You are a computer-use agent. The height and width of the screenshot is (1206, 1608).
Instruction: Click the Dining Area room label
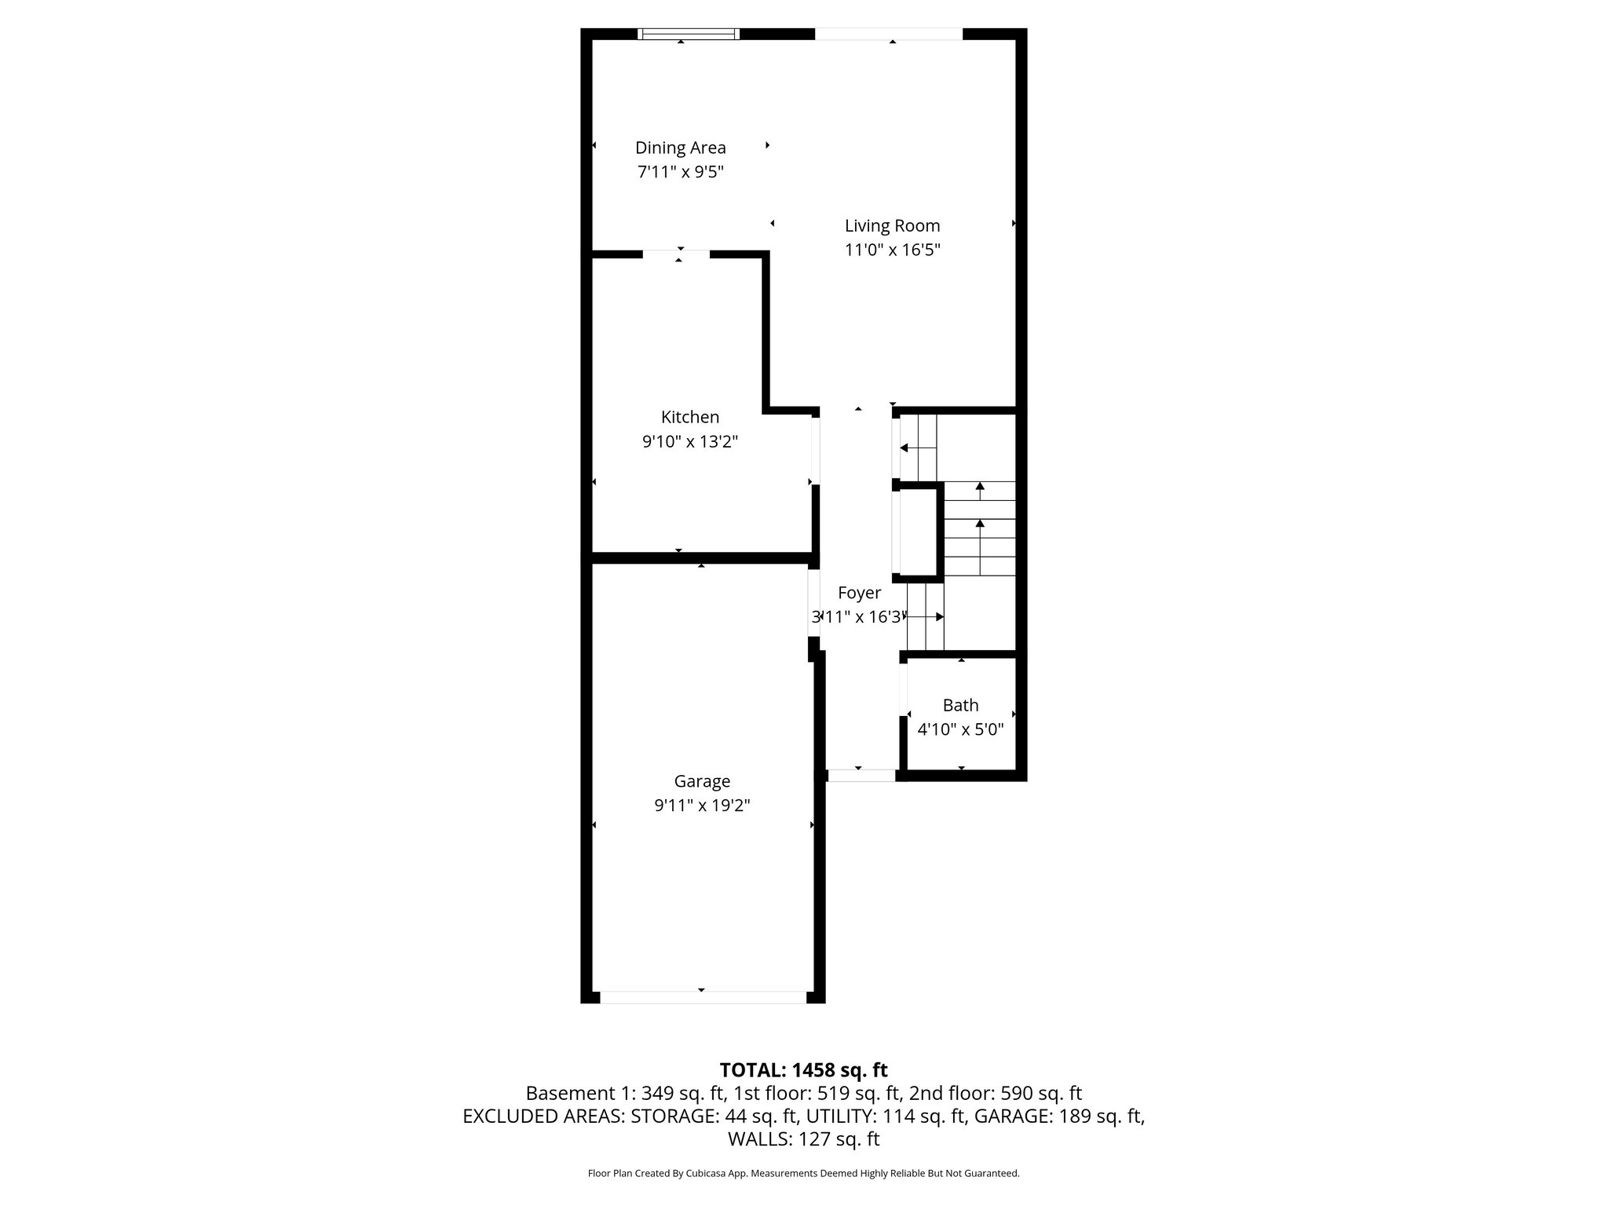tap(680, 148)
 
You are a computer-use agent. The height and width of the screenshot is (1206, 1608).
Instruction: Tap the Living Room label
tap(892, 226)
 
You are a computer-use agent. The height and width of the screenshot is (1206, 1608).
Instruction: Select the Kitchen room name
tap(690, 417)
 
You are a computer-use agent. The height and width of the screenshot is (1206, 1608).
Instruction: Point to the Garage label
tap(702, 781)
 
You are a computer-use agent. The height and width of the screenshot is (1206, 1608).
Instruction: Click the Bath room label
tap(960, 705)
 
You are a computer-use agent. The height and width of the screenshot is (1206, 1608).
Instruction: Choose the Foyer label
tap(859, 594)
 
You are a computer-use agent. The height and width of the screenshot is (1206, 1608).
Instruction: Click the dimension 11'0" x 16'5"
tap(892, 250)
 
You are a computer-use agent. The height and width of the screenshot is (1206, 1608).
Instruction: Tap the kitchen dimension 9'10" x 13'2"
tap(690, 442)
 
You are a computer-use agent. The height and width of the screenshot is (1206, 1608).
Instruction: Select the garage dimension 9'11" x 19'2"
tap(702, 806)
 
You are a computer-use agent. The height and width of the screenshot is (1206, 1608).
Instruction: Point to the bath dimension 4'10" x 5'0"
tap(960, 729)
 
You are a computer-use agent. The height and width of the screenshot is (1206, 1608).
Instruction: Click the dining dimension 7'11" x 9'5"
tap(680, 172)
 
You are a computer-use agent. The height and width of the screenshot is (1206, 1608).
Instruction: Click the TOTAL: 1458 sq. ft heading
tap(803, 1069)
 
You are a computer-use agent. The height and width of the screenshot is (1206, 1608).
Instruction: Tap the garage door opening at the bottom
tap(703, 997)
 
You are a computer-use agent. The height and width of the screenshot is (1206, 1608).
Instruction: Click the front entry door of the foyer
tap(861, 776)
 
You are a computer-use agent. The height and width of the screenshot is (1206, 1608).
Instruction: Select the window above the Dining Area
tap(689, 34)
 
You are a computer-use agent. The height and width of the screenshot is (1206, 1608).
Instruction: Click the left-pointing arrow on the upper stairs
tap(904, 448)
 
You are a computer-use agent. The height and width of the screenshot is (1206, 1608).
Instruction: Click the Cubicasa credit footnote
tap(803, 1174)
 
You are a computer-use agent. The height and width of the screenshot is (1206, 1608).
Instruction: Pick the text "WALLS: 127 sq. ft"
tap(803, 1139)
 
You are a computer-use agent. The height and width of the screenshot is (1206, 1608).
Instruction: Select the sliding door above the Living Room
tap(888, 34)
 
